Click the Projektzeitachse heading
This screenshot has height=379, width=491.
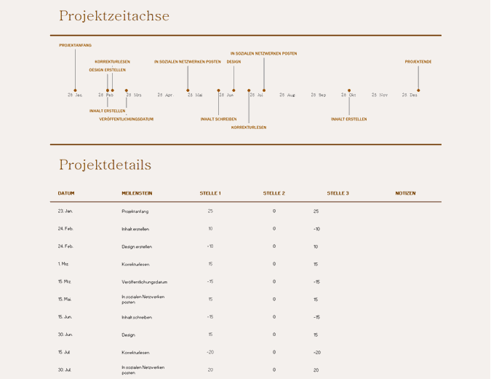(114, 16)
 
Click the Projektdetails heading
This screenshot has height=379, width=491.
(105, 165)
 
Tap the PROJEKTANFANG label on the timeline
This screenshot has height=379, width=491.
(75, 45)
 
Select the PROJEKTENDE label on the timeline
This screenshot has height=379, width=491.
(418, 62)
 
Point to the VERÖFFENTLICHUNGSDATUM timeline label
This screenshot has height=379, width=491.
(127, 119)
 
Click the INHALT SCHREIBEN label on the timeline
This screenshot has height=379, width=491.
(218, 119)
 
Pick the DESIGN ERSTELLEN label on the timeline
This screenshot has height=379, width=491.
(107, 70)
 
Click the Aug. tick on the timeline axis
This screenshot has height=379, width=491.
(288, 95)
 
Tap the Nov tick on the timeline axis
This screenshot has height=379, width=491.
(380, 95)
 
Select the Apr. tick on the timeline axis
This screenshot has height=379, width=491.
(165, 95)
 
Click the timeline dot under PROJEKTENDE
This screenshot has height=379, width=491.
(418, 90)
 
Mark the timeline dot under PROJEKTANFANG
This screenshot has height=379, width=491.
(75, 90)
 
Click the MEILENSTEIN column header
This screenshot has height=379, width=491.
(137, 193)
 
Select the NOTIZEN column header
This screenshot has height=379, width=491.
(405, 193)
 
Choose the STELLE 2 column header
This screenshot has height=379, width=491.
(274, 193)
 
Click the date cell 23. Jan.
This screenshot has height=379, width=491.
(65, 211)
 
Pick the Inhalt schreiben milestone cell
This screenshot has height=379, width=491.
(137, 317)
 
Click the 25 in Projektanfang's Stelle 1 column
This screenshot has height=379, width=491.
(210, 211)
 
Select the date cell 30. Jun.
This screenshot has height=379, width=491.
(65, 335)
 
